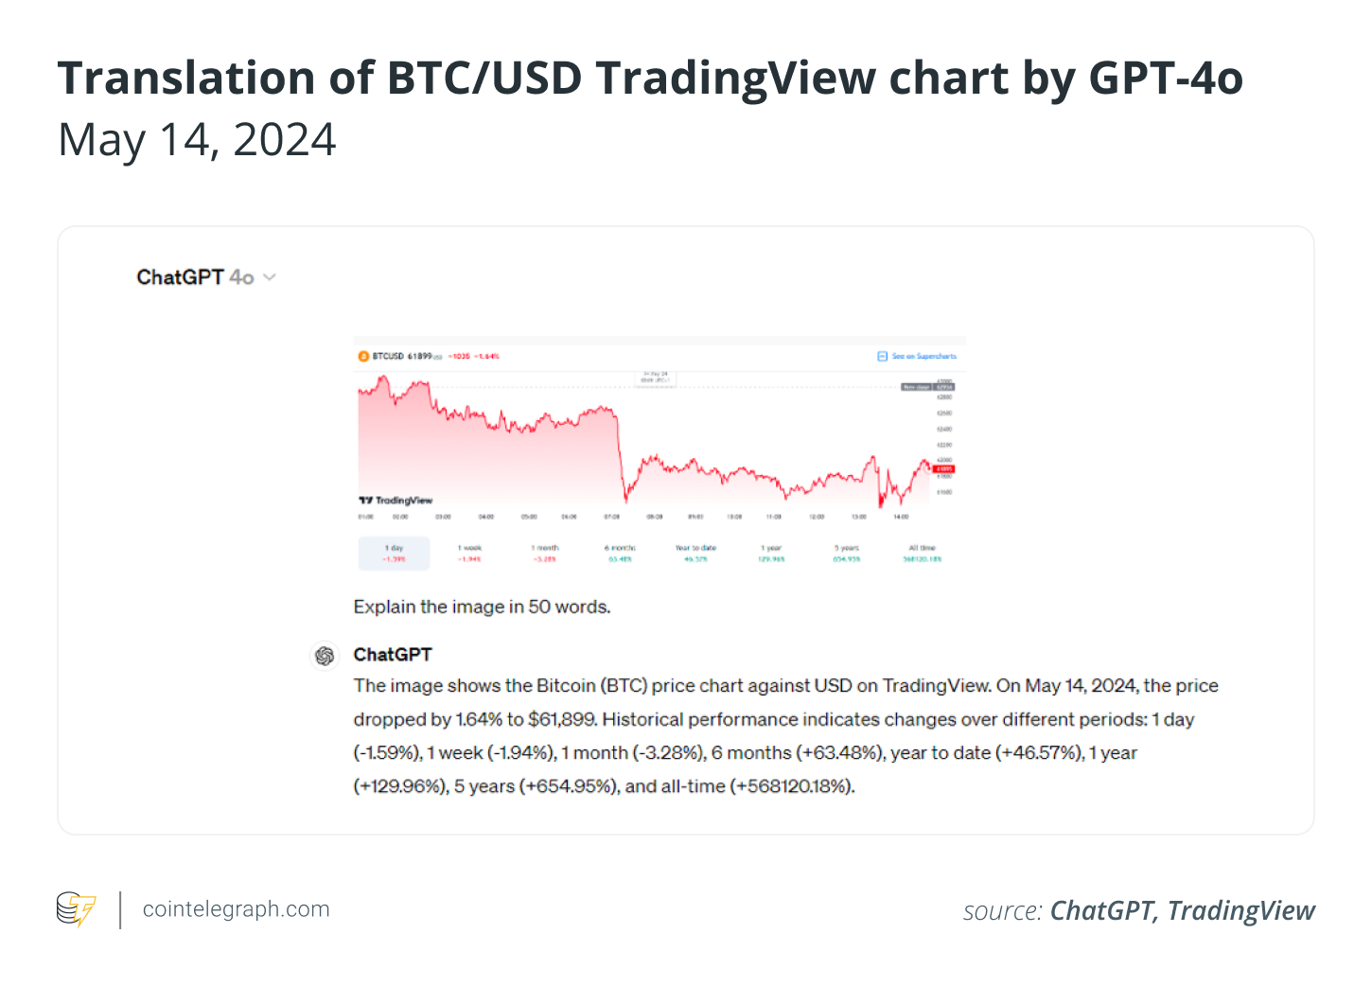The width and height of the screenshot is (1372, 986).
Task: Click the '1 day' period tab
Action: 394,554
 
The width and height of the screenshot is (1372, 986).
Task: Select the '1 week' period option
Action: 470,554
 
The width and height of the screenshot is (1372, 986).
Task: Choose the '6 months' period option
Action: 620,554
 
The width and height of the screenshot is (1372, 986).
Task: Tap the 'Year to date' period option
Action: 695,554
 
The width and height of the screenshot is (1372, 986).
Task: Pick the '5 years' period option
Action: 847,554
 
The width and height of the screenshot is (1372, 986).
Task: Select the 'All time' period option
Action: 922,554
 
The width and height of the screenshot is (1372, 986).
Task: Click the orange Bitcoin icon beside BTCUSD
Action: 363,357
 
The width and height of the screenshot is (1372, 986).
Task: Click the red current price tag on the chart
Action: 944,469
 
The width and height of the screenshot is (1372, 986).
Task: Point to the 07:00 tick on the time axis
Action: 612,518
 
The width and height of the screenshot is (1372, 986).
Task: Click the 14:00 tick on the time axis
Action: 901,518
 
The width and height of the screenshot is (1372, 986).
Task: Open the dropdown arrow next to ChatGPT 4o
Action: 270,277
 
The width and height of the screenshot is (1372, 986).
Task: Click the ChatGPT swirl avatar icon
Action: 325,656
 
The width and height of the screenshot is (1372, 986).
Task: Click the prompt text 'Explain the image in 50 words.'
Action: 482,607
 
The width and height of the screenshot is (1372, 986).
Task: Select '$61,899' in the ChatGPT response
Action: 562,720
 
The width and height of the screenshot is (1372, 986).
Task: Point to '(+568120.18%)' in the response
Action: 792,786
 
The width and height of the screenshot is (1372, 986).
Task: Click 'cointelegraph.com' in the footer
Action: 236,909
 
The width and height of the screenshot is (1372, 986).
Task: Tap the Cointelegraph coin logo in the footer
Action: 76,909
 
